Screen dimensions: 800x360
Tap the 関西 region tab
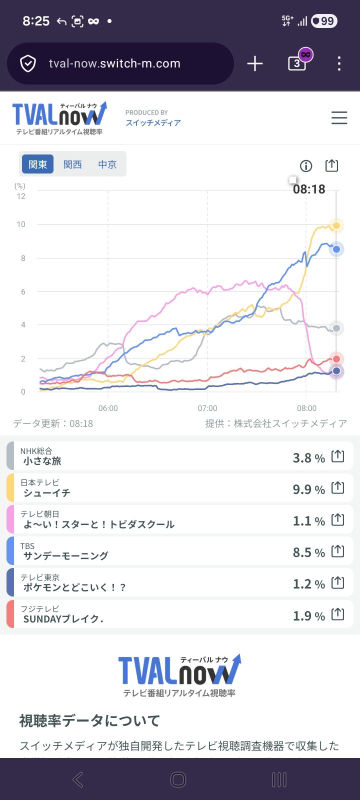72,164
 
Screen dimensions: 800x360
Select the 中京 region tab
107,164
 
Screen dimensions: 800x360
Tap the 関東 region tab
38,164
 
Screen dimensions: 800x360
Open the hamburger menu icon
339,118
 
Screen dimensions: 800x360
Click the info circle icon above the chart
305,166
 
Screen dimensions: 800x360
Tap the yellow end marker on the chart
336,225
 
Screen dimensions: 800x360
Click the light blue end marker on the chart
336,249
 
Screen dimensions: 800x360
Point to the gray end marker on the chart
336,328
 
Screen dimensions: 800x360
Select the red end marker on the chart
336,359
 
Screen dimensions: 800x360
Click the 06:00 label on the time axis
108,408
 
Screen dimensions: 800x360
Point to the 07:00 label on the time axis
207,408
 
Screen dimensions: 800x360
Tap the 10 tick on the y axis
21,224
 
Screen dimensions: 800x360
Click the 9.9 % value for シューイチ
308,489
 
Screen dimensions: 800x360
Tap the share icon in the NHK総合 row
338,456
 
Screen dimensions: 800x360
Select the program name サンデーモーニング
65,555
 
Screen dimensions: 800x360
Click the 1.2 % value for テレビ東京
308,584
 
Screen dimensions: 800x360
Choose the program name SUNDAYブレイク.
63,619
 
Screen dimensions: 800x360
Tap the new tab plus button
255,63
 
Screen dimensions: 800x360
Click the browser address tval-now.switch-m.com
114,63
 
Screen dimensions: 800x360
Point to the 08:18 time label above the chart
309,189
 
